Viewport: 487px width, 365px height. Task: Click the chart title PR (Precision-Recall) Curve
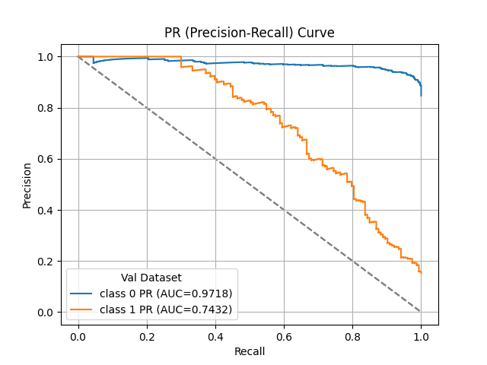250,33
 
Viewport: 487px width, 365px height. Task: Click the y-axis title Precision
27,185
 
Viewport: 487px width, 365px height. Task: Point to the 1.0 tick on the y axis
46,57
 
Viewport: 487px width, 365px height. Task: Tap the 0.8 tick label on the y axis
46,108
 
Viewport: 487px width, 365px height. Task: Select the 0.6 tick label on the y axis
46,159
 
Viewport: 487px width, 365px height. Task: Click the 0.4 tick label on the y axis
46,210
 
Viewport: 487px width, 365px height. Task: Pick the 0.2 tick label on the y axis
46,262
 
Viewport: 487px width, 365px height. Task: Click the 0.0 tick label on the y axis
46,313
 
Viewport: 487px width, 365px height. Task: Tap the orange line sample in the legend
85,309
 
